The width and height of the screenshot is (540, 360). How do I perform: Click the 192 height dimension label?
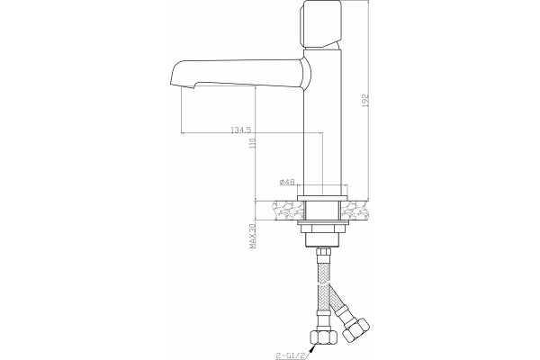click(x=365, y=100)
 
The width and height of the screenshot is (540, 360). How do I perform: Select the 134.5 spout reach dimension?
click(x=241, y=130)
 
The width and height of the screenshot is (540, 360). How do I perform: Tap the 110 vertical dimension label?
click(x=253, y=143)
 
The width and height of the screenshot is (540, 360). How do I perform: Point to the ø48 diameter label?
click(x=287, y=182)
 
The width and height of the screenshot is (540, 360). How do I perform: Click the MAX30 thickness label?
click(x=253, y=237)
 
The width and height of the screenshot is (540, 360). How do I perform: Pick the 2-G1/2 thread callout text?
click(x=291, y=355)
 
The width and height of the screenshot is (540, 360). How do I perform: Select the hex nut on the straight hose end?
click(x=323, y=337)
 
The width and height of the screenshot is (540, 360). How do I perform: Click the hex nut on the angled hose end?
click(x=356, y=328)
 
